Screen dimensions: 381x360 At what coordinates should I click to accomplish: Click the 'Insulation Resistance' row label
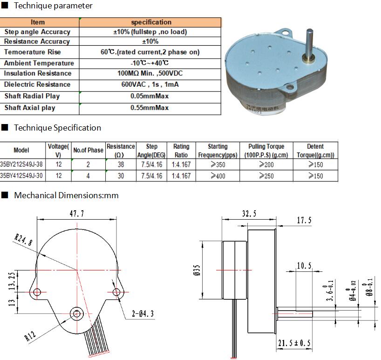(x=38, y=73)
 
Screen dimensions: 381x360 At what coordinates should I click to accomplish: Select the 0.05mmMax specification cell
(x=150, y=96)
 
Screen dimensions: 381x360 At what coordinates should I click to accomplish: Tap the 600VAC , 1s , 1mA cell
(x=150, y=84)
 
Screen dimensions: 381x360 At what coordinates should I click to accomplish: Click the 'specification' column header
(x=151, y=22)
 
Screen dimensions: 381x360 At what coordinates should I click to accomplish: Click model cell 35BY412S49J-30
(x=21, y=175)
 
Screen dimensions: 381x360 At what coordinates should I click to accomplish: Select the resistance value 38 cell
(x=121, y=165)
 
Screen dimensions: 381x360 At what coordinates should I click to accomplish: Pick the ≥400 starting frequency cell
(x=218, y=176)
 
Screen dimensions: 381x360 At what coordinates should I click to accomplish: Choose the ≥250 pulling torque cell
(x=266, y=176)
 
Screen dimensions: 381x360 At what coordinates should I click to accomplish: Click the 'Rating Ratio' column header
(x=181, y=151)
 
